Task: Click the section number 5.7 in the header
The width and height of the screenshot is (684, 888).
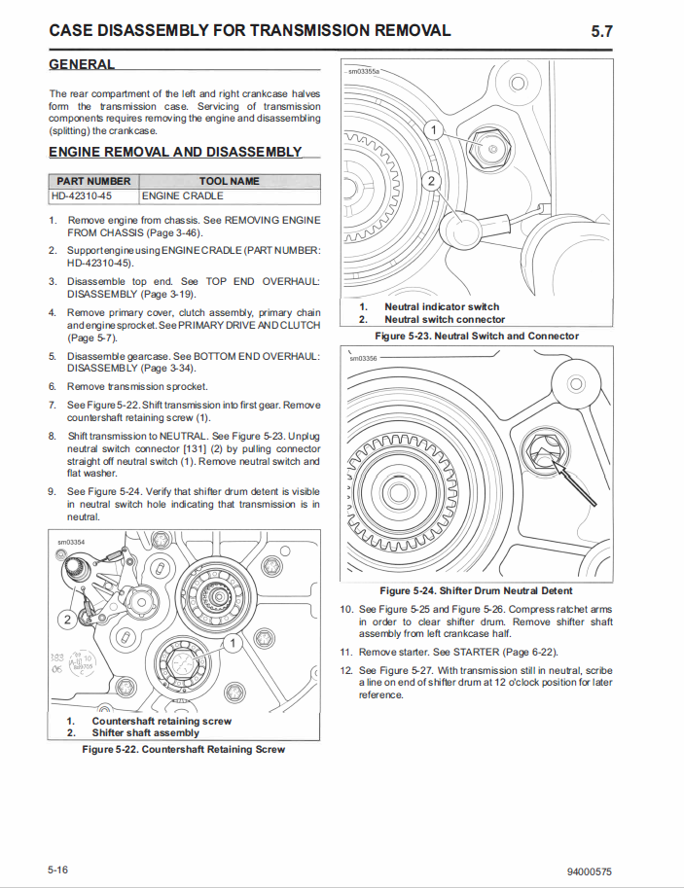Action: coord(601,31)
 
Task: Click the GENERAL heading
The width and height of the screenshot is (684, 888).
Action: coord(82,64)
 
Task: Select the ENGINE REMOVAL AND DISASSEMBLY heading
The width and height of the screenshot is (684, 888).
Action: coord(175,152)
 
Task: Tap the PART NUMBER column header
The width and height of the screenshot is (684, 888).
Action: coord(93,181)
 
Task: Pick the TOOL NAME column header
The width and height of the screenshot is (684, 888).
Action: coord(229,181)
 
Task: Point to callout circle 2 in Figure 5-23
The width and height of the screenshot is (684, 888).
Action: coord(434,180)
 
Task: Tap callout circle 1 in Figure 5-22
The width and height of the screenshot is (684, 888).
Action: coord(233,643)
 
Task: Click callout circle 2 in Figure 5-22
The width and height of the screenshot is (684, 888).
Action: coord(67,620)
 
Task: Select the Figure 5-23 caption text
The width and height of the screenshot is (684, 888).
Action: coord(477,336)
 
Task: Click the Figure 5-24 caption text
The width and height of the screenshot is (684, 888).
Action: coord(476,590)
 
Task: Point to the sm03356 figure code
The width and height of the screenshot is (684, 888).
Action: coord(364,359)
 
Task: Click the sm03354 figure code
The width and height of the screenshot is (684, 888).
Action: coord(71,542)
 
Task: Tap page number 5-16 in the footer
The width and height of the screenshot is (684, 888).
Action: coord(57,869)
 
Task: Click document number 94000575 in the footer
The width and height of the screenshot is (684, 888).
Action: coord(589,870)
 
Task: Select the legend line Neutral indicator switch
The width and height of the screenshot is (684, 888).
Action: coord(442,306)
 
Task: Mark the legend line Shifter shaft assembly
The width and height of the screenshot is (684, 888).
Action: coord(145,732)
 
